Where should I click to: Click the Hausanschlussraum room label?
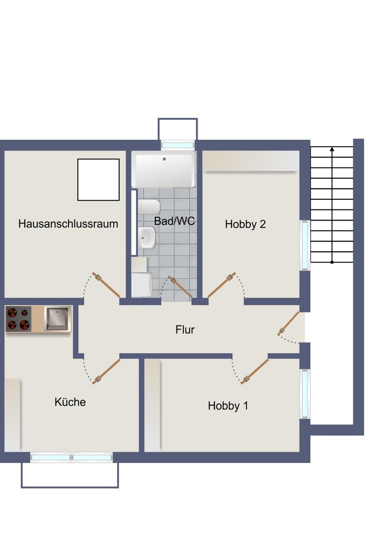(x=68, y=224)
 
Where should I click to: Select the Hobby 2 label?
(x=245, y=225)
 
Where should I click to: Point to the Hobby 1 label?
(x=228, y=406)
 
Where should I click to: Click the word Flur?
(x=185, y=330)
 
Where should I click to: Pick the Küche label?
(x=70, y=402)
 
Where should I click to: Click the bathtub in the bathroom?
(x=163, y=170)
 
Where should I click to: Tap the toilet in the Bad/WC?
(x=150, y=207)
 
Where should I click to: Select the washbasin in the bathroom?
(x=147, y=238)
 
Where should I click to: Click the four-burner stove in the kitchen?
(x=18, y=319)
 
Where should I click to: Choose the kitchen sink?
(x=58, y=319)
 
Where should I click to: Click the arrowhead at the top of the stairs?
(x=331, y=149)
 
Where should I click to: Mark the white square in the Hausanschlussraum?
(x=98, y=180)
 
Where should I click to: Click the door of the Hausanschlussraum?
(x=106, y=285)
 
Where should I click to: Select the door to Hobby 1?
(x=255, y=372)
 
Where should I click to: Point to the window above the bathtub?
(x=178, y=145)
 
